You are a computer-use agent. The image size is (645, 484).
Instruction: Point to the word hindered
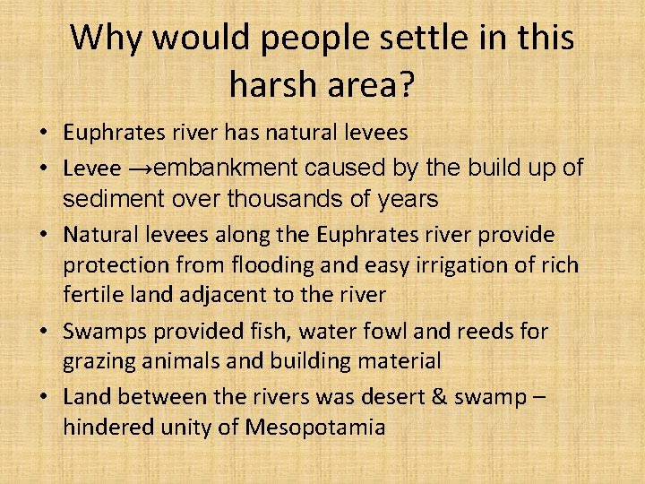[x=106, y=428]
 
